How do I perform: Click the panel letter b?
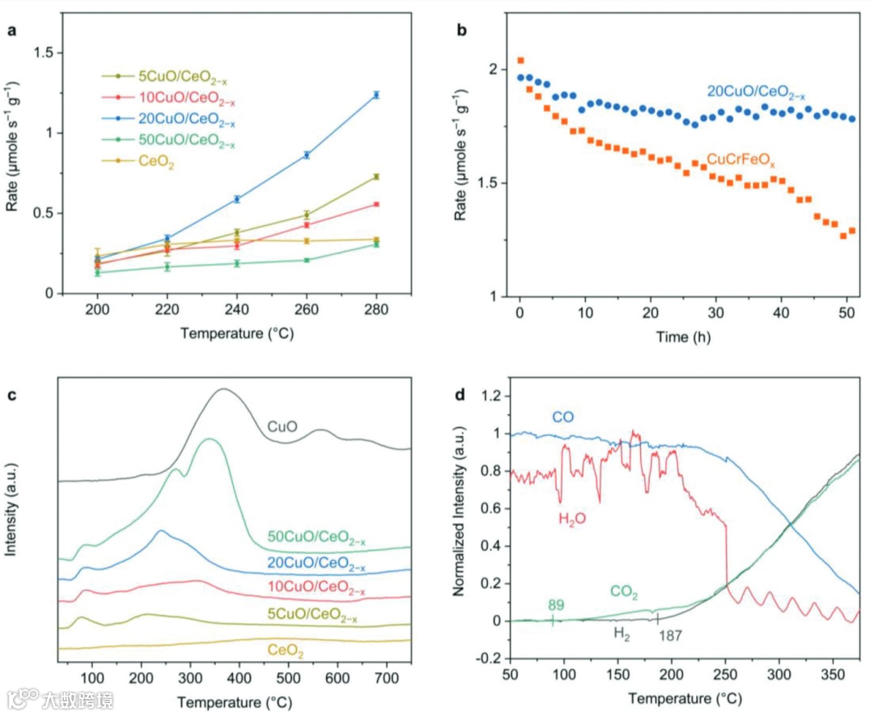click(462, 32)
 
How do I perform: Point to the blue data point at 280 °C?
click(376, 95)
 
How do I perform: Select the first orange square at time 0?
click(520, 60)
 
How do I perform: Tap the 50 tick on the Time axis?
click(845, 313)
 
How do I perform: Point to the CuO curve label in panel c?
click(283, 426)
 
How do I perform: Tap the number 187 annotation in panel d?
click(671, 636)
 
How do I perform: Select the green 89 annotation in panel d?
click(555, 604)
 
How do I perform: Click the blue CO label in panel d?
click(564, 417)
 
